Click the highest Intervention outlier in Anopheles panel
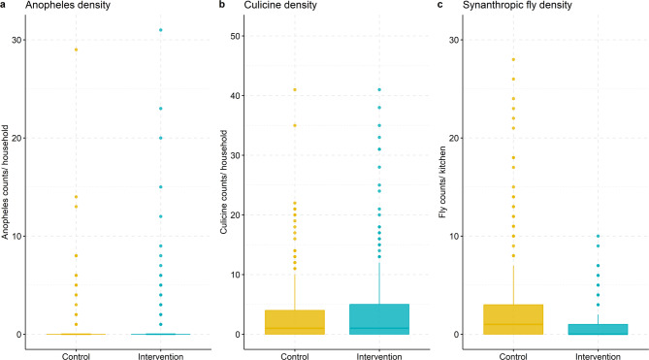(161, 30)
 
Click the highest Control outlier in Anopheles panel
(76, 49)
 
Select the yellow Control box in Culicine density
(295, 322)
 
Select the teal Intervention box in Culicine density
(379, 319)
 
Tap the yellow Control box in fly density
(513, 319)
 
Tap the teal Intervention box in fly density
(598, 329)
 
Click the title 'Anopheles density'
(68, 6)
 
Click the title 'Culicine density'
(280, 6)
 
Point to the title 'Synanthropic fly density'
(517, 6)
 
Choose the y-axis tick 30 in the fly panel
(453, 40)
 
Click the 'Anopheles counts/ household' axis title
(5, 182)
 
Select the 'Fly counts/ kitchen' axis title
(442, 182)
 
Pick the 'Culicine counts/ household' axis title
(223, 182)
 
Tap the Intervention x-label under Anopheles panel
(161, 356)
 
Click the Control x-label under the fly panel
(513, 356)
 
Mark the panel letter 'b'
(222, 5)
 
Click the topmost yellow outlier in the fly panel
(513, 59)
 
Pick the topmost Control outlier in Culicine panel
(295, 90)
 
